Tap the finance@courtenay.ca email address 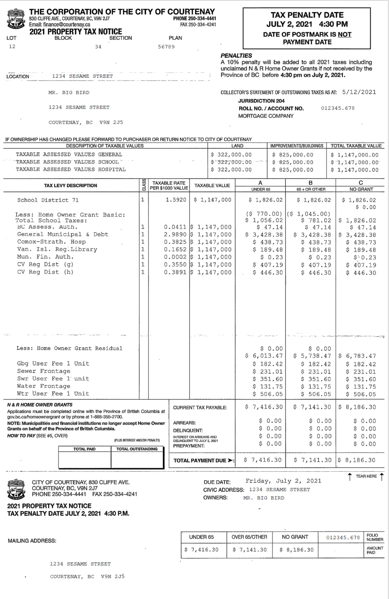[x=60, y=24]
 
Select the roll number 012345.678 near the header [x=338, y=108]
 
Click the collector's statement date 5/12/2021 [x=359, y=92]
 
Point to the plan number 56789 [x=166, y=47]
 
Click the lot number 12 [x=12, y=46]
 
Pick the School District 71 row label [x=48, y=200]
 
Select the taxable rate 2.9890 [x=175, y=235]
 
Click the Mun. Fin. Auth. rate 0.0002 [x=175, y=257]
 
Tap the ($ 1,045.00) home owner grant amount [x=309, y=214]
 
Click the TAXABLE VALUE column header [x=212, y=186]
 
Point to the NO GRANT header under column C [x=361, y=189]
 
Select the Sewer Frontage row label [x=44, y=371]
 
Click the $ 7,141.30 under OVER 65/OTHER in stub [x=249, y=550]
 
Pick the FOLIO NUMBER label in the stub [x=375, y=537]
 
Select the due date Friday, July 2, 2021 [x=283, y=481]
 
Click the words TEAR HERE [x=366, y=476]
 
